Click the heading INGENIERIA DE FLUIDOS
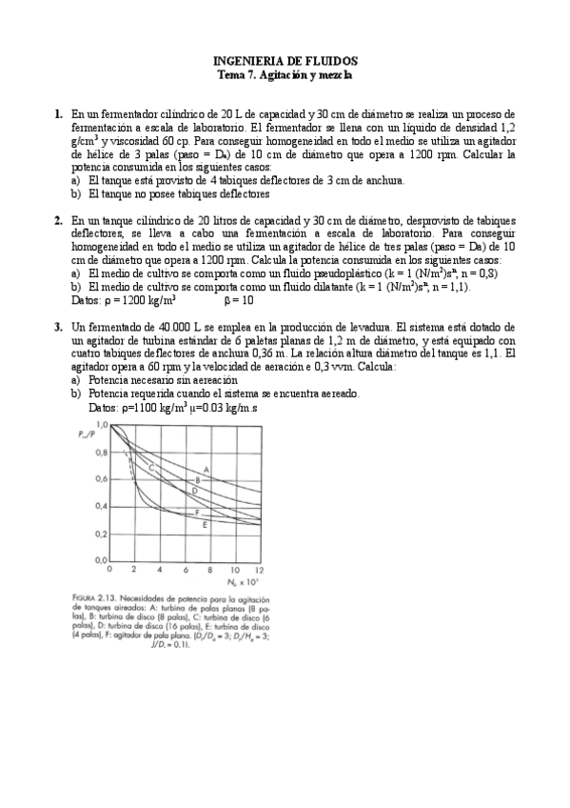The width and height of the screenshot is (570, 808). pos(285,58)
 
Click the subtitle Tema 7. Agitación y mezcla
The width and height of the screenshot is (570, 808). pos(285,72)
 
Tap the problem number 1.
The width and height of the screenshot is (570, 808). pos(58,113)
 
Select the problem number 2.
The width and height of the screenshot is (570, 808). pos(58,219)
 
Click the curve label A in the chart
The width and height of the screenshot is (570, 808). pos(206,468)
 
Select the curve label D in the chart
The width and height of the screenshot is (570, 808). pos(194,490)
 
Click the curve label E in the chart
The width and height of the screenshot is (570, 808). pos(206,525)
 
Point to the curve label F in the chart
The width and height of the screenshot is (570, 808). pos(197,513)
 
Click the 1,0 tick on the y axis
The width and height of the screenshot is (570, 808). pos(102,423)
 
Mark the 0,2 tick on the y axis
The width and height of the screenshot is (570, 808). pos(101,534)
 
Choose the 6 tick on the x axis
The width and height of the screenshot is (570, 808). pos(185,569)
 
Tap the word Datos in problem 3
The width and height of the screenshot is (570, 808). pos(102,407)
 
